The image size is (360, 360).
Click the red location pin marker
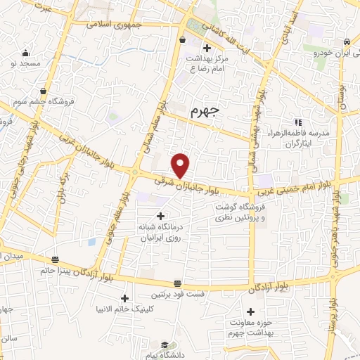pos(181,165)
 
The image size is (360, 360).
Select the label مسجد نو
pos(24,63)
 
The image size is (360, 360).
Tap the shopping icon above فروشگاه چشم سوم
pos(44,90)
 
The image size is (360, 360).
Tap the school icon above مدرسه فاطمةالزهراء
pos(299,122)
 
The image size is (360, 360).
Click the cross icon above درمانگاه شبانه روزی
pos(160,215)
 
